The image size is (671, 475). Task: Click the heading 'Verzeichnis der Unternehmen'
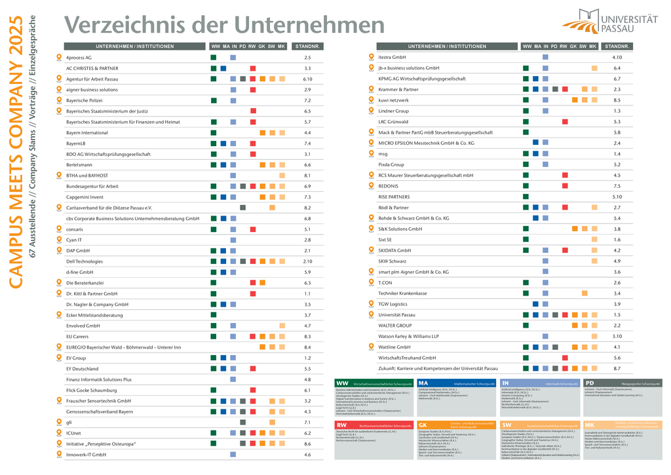coord(224,25)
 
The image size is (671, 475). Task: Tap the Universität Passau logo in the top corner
coord(609,21)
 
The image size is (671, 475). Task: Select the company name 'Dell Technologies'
coord(85,261)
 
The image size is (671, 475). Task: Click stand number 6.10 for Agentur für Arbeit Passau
coord(307,79)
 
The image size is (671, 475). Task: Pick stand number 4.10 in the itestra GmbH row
coord(617,58)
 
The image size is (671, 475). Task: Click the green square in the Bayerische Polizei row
coord(214,101)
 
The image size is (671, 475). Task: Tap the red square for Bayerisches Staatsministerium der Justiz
coord(253,111)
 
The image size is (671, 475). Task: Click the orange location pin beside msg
coord(370,154)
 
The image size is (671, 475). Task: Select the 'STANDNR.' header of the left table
coord(307,47)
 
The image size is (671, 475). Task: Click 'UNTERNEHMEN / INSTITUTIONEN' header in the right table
coord(447,47)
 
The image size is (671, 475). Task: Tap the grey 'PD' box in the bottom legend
coord(590,383)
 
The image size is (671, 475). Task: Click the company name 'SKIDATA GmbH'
coord(394,250)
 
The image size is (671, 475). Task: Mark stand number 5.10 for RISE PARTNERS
coord(617,197)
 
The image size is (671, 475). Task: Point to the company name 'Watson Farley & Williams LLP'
coord(408,336)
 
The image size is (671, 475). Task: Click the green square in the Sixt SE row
coord(526,240)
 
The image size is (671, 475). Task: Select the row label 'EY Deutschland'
coord(83,369)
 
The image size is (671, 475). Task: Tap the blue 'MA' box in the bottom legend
coord(424,383)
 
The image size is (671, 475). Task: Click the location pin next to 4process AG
coord(58,58)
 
